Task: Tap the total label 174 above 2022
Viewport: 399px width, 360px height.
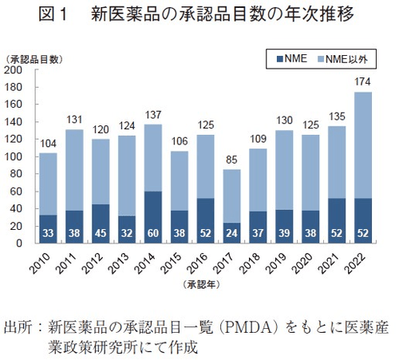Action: pyautogui.click(x=361, y=83)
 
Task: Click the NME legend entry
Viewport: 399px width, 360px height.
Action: pyautogui.click(x=290, y=58)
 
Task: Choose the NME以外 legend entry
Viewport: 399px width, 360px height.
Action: pyautogui.click(x=343, y=58)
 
